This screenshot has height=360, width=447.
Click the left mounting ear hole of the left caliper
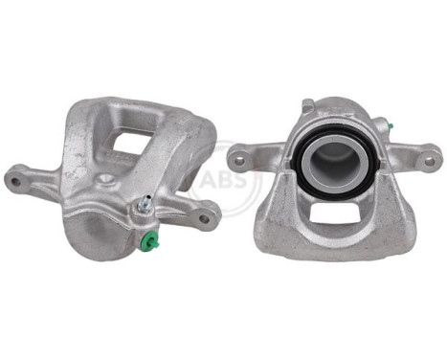point(14,177)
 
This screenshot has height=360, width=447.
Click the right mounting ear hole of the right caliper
point(428,159)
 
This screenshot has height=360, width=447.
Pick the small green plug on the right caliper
point(391,124)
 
